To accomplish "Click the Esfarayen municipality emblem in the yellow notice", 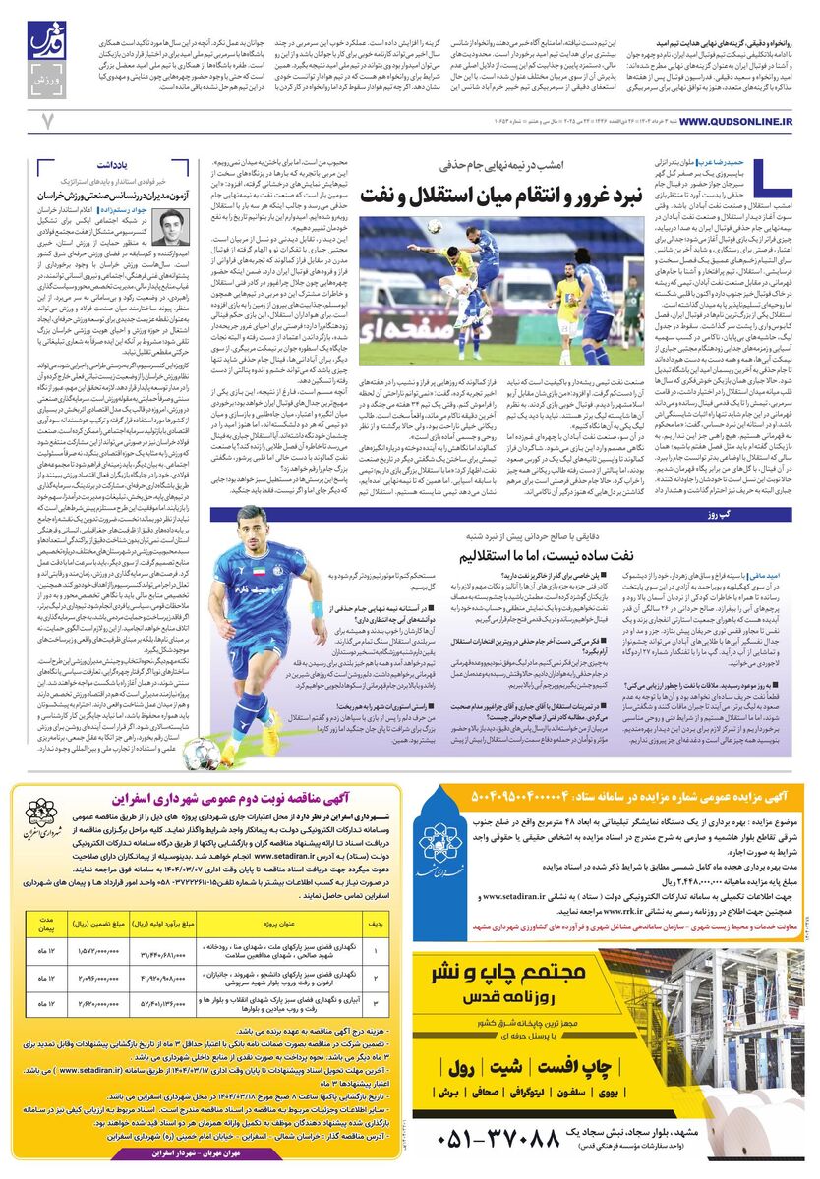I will point(41,814).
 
